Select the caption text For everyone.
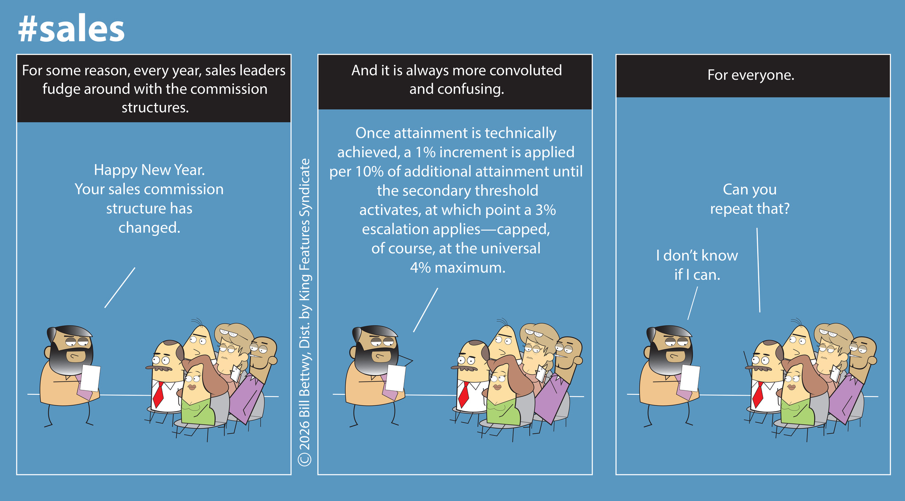coord(751,75)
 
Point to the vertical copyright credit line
coord(305,312)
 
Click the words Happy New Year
coord(149,170)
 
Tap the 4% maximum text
coord(457,268)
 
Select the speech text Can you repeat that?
coord(750,199)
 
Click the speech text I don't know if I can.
coord(697,265)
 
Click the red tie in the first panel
coord(158,394)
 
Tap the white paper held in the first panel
coord(90,378)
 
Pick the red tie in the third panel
coord(758,394)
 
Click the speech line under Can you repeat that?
coord(758,270)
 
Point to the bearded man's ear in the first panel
coord(47,352)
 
